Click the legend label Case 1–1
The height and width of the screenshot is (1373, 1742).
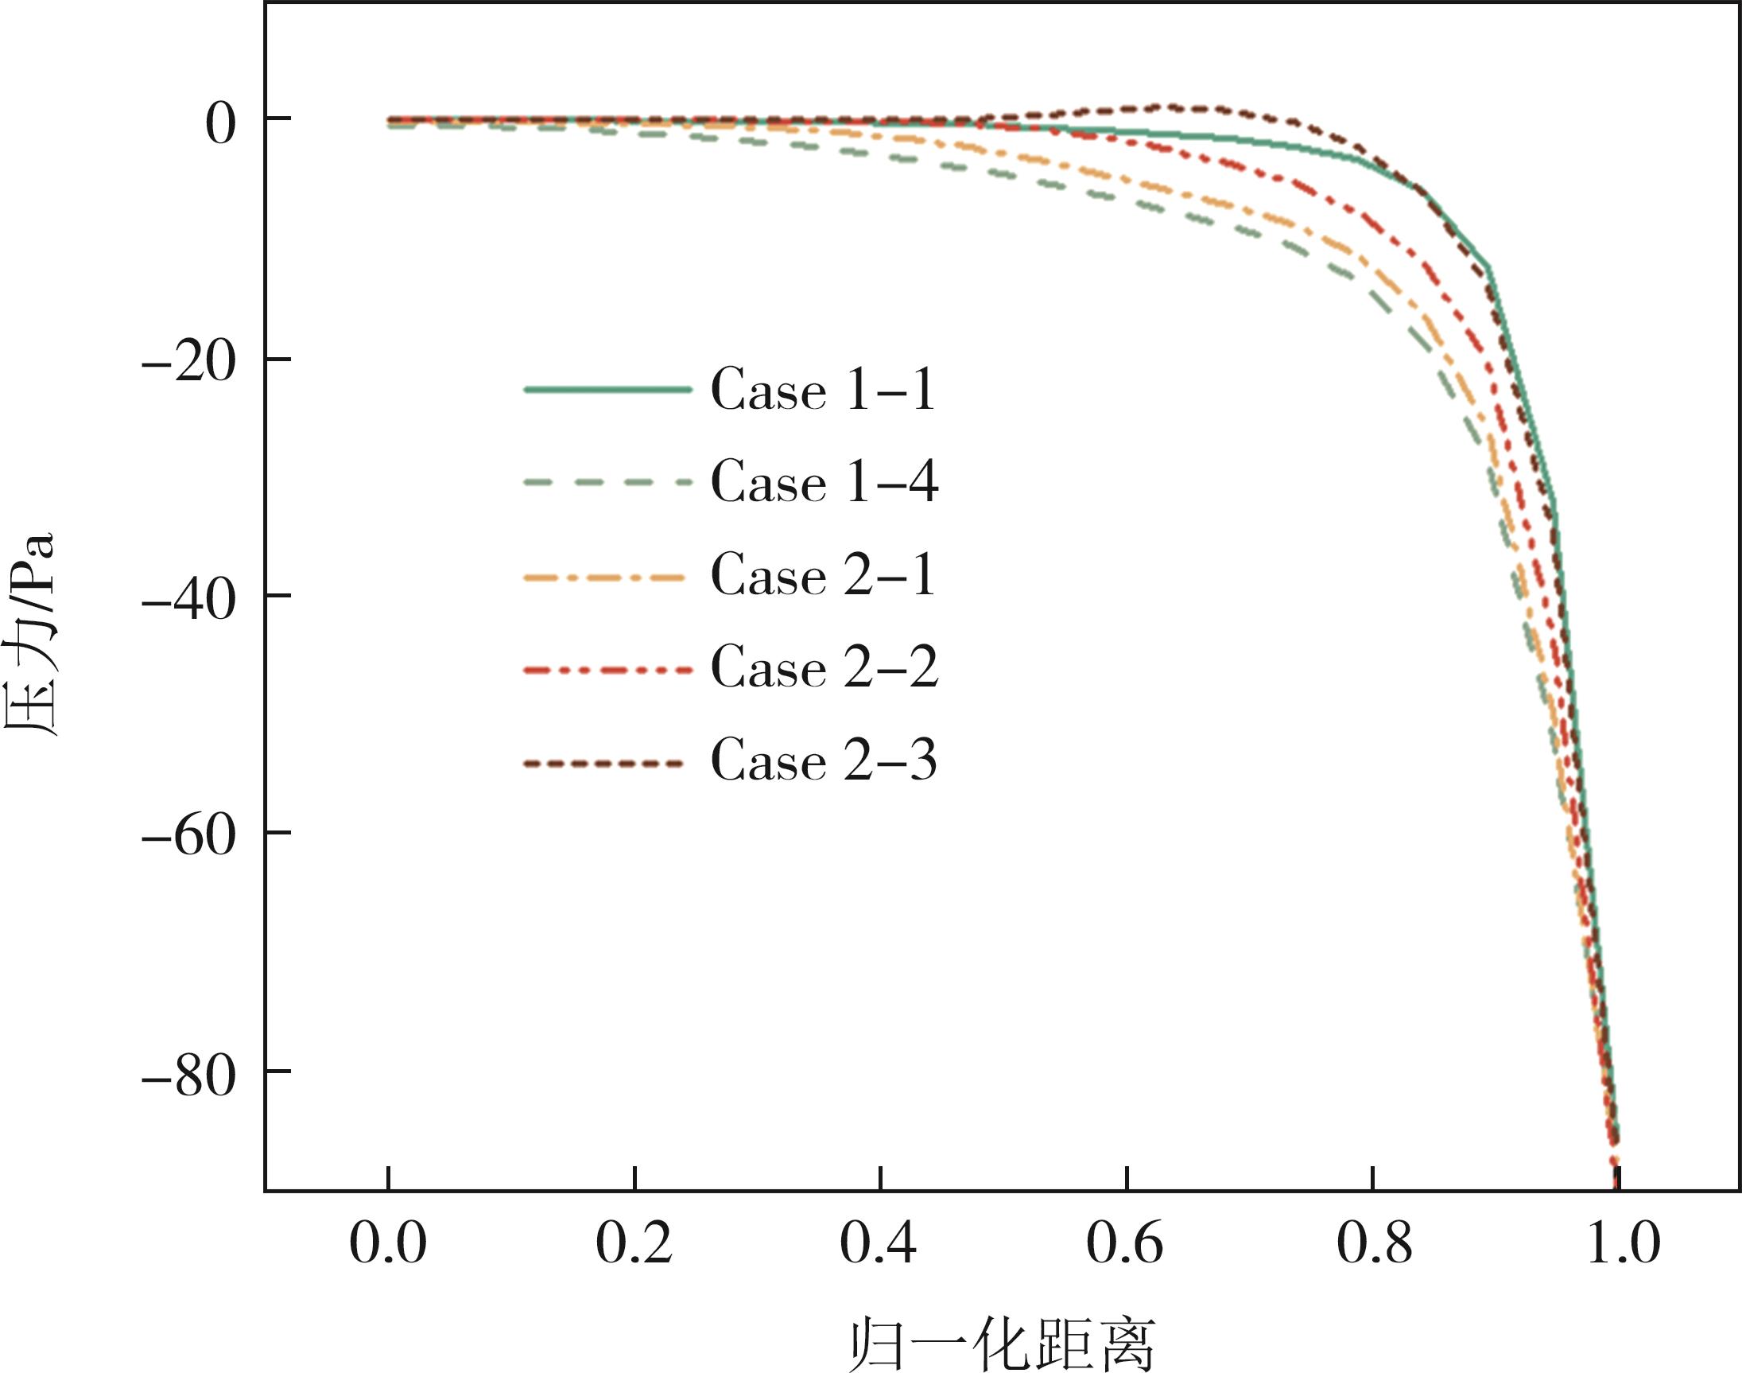(x=823, y=391)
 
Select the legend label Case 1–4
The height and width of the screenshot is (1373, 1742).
(x=824, y=482)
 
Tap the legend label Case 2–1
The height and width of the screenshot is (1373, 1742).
(x=823, y=576)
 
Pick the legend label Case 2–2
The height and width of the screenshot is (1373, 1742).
(x=824, y=667)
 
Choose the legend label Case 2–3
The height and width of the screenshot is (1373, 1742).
(x=824, y=760)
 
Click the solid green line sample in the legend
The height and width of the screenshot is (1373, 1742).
(x=607, y=390)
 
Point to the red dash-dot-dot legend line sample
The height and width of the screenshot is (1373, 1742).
(x=607, y=668)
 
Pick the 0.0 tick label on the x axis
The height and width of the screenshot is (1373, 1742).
(x=388, y=1244)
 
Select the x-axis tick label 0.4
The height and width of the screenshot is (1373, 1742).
(x=879, y=1244)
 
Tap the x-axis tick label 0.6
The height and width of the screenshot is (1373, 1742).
(x=1125, y=1244)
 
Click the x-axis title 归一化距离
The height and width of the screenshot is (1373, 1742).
(x=1001, y=1344)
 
